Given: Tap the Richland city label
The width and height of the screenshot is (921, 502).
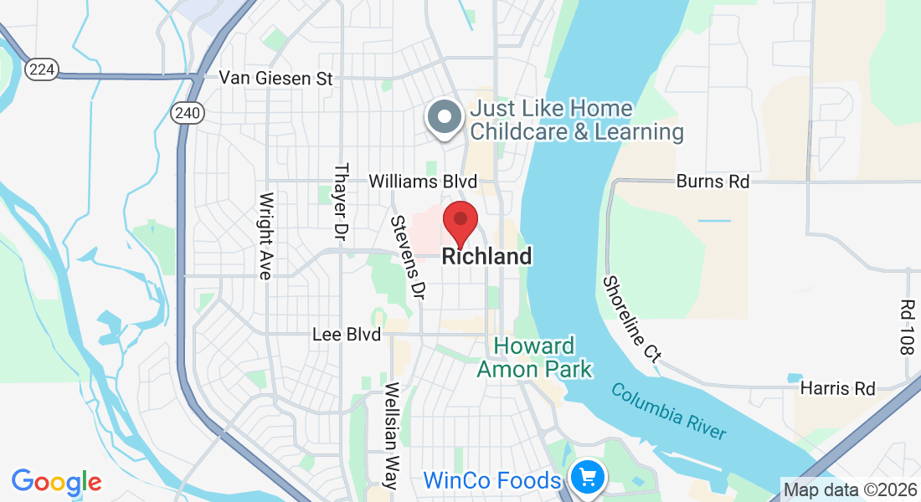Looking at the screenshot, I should pos(486,257).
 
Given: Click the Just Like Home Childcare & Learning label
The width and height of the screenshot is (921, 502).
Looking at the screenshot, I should pos(576,120).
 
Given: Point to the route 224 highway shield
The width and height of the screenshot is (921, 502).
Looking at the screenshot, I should pos(41,69).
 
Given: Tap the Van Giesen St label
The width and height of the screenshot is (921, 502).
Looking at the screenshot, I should pos(276,79).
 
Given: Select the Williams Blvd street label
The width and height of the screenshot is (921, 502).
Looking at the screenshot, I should pos(423,182).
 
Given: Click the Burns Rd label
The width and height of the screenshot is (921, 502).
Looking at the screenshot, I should pos(713,182).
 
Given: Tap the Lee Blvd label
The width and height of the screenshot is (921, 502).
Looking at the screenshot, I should pos(346,335).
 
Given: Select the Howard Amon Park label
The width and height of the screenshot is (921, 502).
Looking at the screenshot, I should pos(534,357).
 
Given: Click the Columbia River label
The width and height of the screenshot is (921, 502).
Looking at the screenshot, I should pos(668,411).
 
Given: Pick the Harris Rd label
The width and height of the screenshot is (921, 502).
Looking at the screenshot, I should pos(837,389).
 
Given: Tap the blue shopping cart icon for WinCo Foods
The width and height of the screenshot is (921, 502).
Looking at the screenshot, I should pos(589,478).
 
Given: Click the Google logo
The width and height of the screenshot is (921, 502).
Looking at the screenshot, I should pos(56,482).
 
